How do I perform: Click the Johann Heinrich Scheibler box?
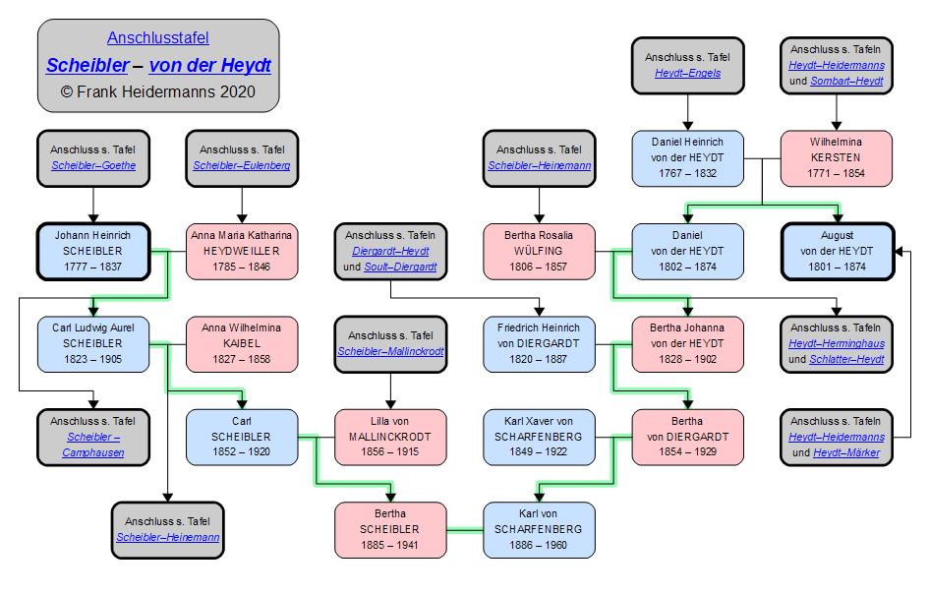[x=92, y=252]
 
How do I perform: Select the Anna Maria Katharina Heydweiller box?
[x=242, y=252]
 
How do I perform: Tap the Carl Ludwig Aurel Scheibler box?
[x=92, y=344]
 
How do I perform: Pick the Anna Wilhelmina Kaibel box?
[x=242, y=344]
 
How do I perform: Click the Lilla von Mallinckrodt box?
[x=390, y=437]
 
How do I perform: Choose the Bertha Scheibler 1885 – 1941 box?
[x=390, y=529]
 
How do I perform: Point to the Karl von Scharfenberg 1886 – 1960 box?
[x=539, y=529]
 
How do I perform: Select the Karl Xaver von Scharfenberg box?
[x=539, y=437]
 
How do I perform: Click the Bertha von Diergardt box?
[x=688, y=437]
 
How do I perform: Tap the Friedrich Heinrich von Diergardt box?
[x=539, y=344]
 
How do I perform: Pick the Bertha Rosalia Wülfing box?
[x=539, y=252]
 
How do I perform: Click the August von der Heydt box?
[x=837, y=252]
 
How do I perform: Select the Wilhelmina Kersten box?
[x=837, y=158]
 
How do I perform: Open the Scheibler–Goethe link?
[x=93, y=165]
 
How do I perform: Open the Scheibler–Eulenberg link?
[x=242, y=165]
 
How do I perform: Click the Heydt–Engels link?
[x=688, y=73]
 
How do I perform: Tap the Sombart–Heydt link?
[x=846, y=81]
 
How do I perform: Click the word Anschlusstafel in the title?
[x=157, y=38]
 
